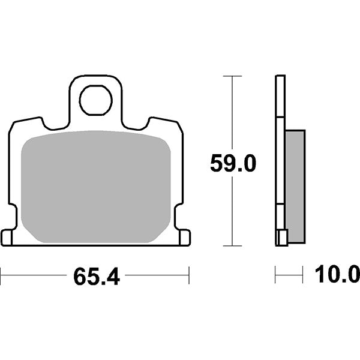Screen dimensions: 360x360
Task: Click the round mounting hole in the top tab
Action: coord(96,100)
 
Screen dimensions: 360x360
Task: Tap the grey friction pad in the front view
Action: coord(96,186)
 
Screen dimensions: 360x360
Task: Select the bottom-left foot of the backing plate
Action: coord(7,237)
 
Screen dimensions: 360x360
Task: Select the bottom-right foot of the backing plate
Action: coord(185,237)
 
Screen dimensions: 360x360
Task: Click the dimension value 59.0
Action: coord(233,163)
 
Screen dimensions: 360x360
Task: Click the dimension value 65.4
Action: coord(97,277)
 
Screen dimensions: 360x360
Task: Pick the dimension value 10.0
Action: coord(336,277)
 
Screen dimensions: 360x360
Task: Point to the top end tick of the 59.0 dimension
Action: coord(232,76)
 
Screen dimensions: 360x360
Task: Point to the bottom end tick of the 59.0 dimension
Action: coord(232,245)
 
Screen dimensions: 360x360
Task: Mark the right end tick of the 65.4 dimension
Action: coord(189,276)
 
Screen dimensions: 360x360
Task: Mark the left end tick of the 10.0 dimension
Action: coord(275,276)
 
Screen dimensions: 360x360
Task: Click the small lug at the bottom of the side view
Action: coord(281,238)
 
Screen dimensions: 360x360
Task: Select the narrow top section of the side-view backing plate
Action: coord(278,96)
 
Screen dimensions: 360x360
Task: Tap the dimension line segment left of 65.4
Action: coord(33,277)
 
